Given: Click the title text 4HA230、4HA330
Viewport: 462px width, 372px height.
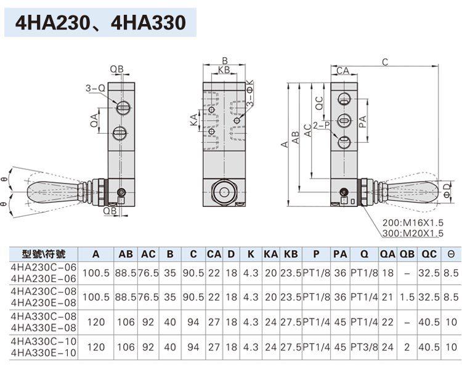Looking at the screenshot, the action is coord(100,23).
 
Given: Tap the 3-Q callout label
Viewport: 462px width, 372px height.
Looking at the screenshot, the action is coord(95,88).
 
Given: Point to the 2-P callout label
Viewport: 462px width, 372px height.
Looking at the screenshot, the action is coord(321,126).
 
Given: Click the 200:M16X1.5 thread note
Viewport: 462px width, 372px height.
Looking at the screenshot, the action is coord(413,223).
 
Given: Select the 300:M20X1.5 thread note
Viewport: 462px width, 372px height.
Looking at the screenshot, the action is coord(413,233).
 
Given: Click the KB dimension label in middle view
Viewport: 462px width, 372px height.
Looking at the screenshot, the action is coord(224,70).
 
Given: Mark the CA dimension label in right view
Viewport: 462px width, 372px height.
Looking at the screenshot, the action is coord(342,71).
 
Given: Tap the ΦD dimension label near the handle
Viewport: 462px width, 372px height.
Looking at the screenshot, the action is coord(447,190).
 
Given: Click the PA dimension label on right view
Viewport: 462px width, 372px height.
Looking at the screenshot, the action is coord(363,122).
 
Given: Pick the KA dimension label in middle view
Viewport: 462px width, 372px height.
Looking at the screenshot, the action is coord(193,120).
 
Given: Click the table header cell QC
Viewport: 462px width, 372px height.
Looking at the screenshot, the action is coord(429,254).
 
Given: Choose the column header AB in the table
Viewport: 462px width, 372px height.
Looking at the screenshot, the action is coord(126,254).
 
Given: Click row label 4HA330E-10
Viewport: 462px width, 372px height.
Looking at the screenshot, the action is coord(44,352).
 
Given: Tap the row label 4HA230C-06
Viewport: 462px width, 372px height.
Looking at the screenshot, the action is coord(44,267).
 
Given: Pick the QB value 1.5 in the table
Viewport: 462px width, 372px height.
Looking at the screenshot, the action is coord(407,297).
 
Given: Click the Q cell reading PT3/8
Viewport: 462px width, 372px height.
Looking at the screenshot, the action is coord(364,347).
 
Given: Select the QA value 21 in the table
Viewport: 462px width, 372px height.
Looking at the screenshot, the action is coord(387,297).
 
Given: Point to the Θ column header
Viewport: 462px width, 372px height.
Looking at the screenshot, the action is coord(451,254).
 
